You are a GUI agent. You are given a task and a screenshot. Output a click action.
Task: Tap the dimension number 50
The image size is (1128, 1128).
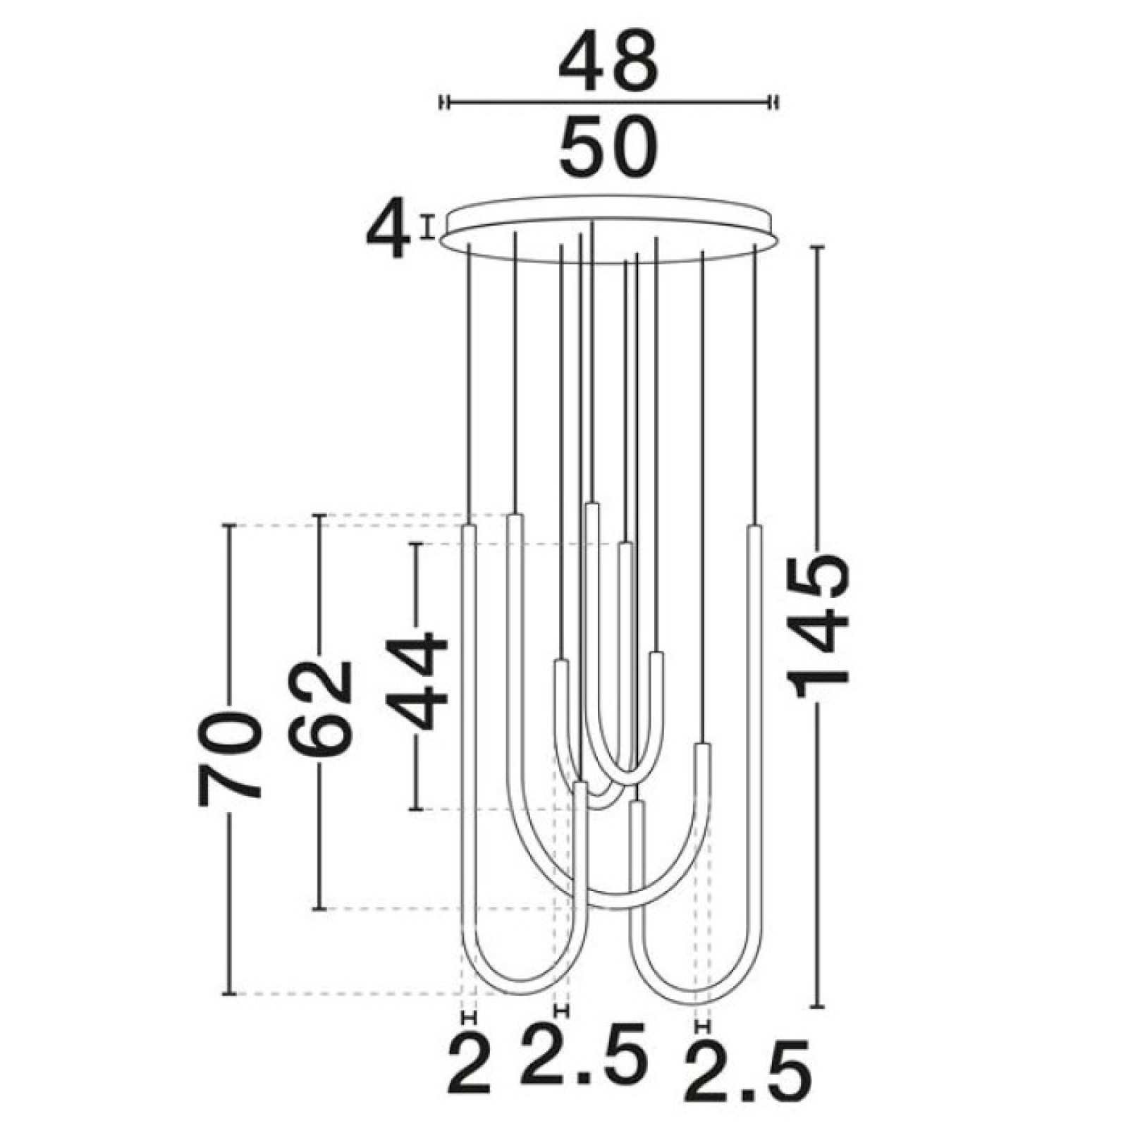(608, 149)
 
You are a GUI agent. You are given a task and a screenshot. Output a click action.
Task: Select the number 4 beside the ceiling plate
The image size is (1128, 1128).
(388, 229)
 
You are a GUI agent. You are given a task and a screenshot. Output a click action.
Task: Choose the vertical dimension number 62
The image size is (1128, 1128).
(320, 708)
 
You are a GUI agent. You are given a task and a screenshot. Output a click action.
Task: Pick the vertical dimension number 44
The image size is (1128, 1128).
(417, 681)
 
